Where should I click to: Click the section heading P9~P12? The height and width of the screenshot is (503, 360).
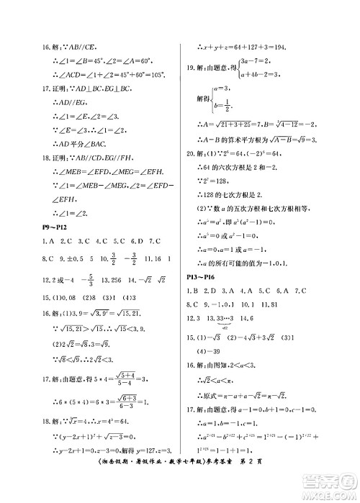55,228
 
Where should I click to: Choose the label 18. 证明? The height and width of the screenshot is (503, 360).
55,158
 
